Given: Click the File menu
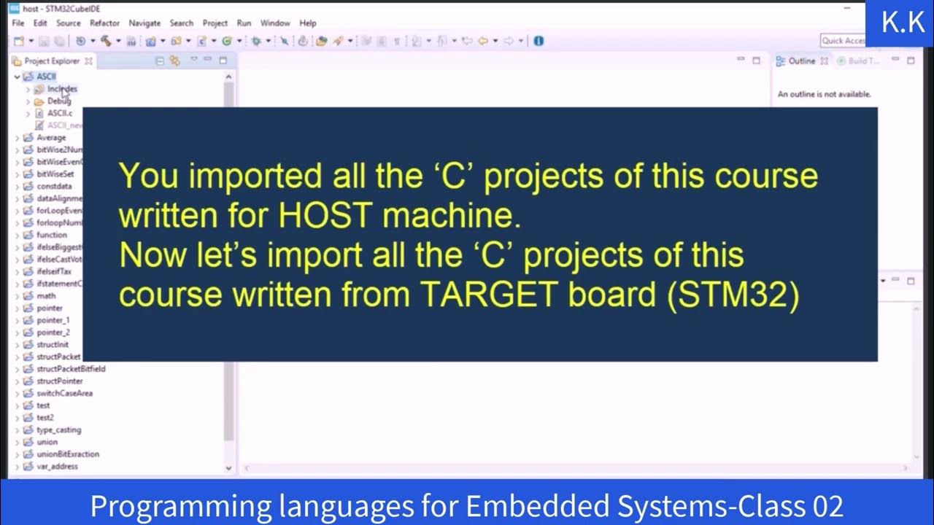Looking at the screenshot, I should (x=18, y=23).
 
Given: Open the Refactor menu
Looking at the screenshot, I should (x=104, y=23).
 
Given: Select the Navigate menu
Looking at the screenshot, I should (x=144, y=23).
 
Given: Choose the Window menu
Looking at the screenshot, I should (x=275, y=23).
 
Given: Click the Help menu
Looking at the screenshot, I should (x=308, y=23).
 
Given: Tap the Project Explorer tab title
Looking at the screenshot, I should (x=52, y=61).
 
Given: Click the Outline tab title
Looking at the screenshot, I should (x=801, y=61).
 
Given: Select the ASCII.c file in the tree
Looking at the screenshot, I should (x=60, y=113).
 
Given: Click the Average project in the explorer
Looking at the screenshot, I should (x=51, y=138).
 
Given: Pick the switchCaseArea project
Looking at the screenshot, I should (x=64, y=393).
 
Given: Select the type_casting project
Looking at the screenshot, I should (x=58, y=430).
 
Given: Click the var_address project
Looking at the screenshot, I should (x=57, y=467).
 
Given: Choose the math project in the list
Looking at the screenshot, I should (x=46, y=296).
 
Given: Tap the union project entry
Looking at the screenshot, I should (x=47, y=442).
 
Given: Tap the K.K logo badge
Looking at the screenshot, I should (x=903, y=23).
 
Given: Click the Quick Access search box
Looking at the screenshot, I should (x=843, y=41).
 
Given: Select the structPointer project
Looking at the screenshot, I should (x=60, y=381).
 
